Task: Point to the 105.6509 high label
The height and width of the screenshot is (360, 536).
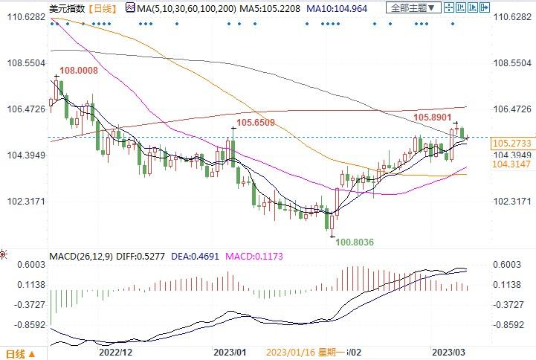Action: tap(256, 122)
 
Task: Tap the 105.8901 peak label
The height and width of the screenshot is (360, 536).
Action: tap(433, 117)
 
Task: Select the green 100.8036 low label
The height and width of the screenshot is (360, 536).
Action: tap(355, 242)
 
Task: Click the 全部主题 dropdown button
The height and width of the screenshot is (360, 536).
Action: tap(413, 7)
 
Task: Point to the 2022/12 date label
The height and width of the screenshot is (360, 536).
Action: tap(115, 352)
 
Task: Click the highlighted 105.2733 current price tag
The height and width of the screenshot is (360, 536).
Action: tap(511, 142)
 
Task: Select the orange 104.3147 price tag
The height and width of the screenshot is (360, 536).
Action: tap(511, 163)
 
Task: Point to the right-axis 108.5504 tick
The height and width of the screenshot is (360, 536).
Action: tap(511, 63)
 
